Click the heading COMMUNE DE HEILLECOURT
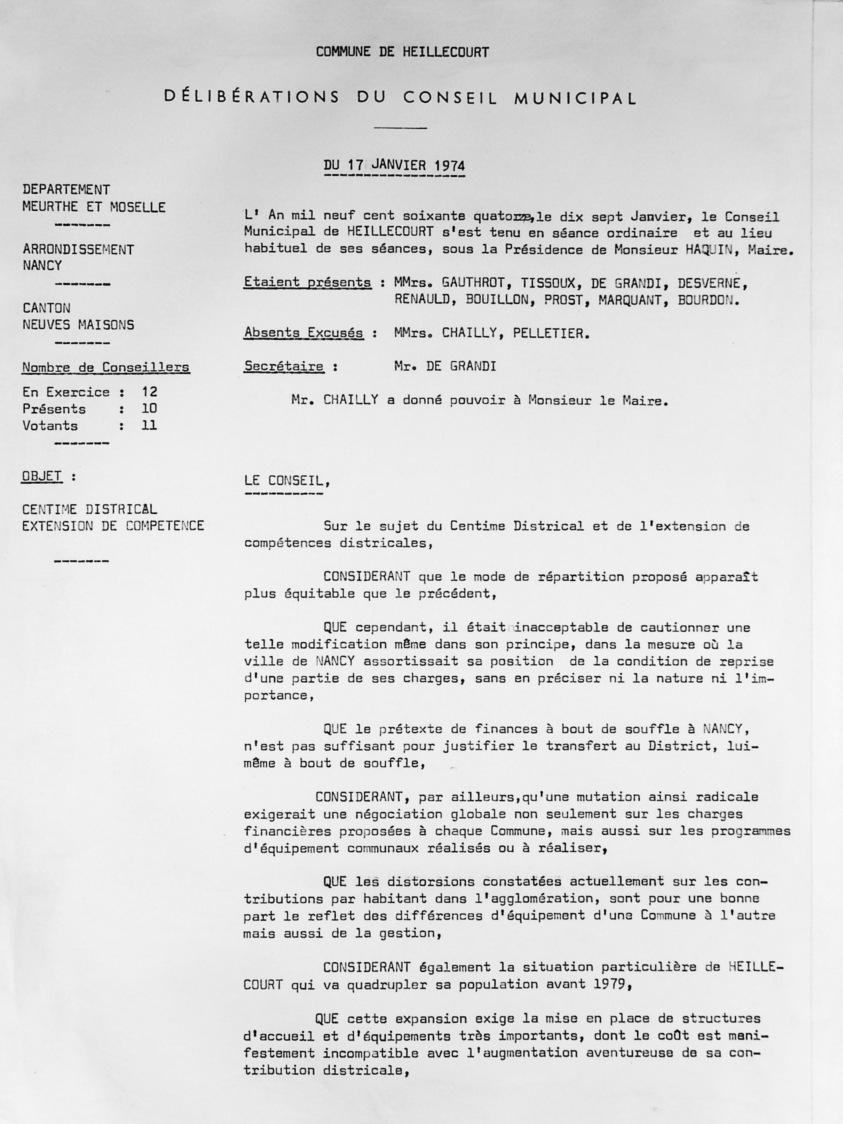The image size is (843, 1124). [402, 52]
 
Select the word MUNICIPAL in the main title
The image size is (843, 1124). [575, 98]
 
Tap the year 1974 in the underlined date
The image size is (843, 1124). [449, 165]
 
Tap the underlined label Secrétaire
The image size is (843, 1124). [284, 366]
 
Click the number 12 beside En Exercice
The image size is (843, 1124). [149, 392]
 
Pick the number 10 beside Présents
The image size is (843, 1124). [149, 408]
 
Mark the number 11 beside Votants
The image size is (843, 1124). [149, 425]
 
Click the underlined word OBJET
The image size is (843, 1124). [41, 476]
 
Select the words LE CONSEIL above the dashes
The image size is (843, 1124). [286, 480]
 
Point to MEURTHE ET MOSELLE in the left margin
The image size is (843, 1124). [94, 207]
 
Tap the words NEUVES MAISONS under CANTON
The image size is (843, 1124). [78, 324]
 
